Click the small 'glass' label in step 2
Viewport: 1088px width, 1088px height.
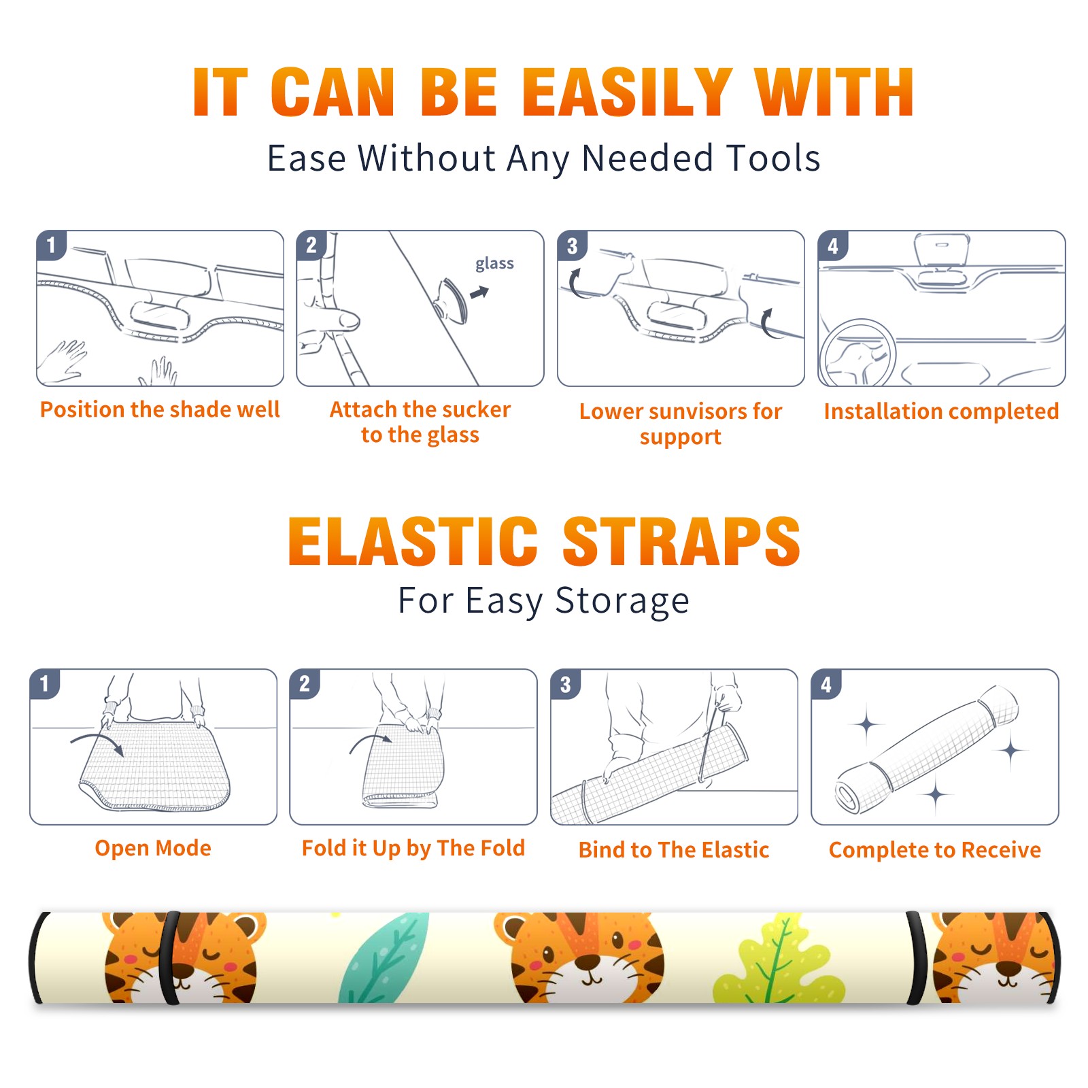pos(494,264)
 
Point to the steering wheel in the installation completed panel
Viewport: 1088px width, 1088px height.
pos(857,354)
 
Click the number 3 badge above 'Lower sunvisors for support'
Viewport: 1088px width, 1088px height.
pos(572,245)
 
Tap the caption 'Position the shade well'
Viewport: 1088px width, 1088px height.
pos(160,409)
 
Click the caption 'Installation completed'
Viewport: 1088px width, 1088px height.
pos(941,411)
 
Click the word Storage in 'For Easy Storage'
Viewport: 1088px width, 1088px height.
pos(622,601)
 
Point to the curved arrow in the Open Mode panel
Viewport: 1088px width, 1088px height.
pos(97,742)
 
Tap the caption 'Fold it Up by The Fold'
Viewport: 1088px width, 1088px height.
pos(413,848)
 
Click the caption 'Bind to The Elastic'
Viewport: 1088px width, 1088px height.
pos(674,850)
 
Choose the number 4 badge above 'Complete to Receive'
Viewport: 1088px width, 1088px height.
pos(826,684)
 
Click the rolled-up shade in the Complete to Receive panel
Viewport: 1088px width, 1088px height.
pos(927,749)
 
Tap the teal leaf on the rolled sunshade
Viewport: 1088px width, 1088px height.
pos(384,957)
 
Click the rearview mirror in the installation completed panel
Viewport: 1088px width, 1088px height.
pos(942,250)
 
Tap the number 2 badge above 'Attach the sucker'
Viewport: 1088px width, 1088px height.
pos(311,245)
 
